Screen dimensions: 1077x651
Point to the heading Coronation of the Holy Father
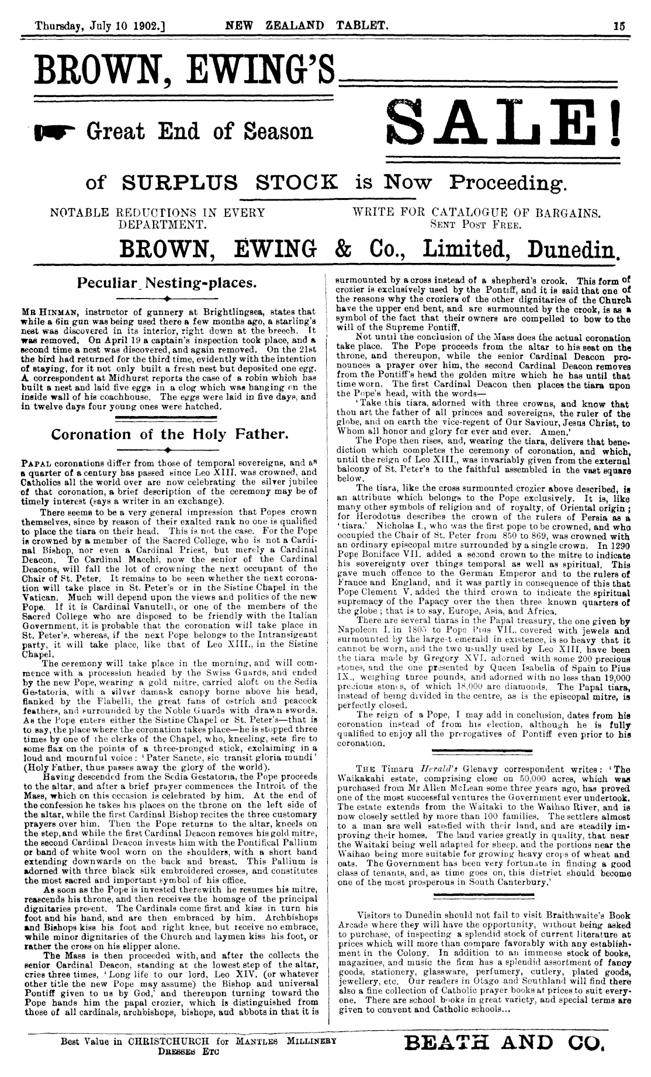tap(168, 434)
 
